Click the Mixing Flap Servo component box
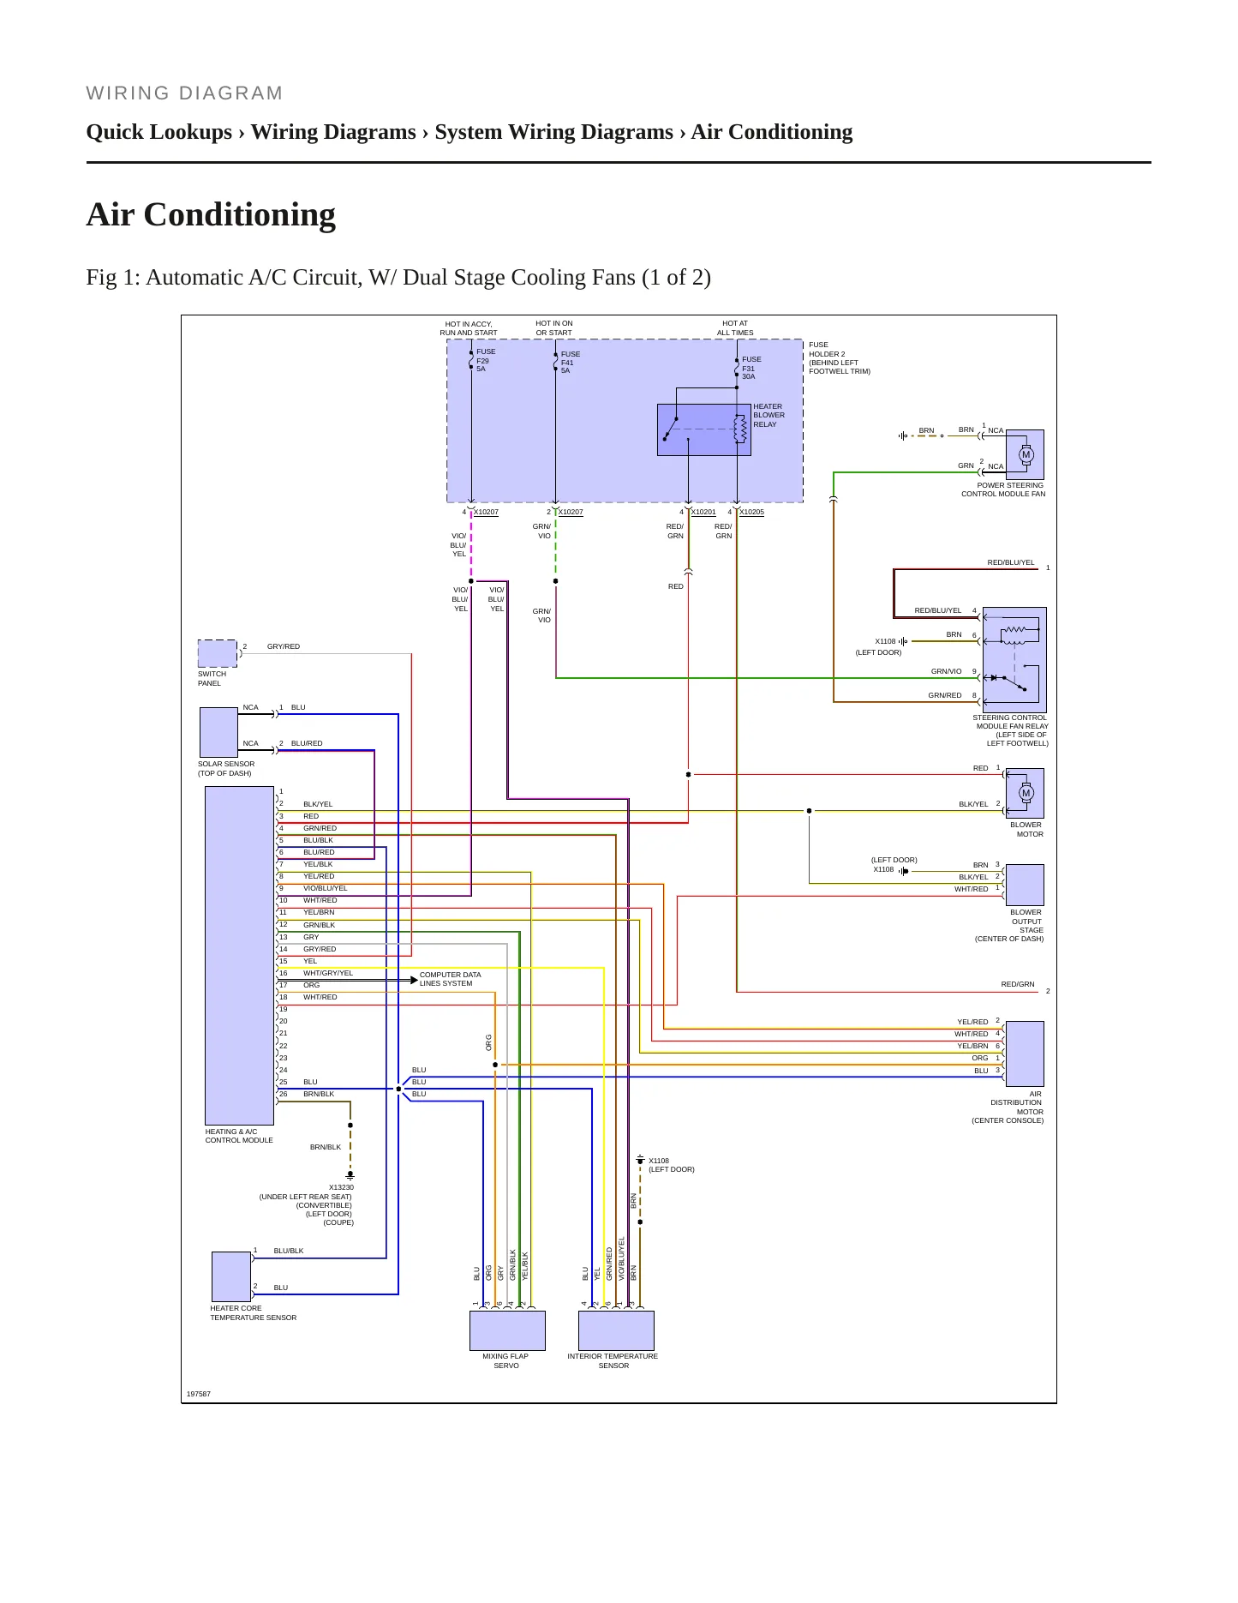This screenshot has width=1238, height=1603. pos(507,1330)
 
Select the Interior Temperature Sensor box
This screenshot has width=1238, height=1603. pos(616,1330)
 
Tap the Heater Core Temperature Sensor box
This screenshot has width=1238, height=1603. pos(231,1276)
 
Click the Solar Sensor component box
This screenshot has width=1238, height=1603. pos(218,732)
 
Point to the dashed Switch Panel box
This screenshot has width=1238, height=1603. pos(218,653)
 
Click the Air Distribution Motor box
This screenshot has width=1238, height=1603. pos(1025,1054)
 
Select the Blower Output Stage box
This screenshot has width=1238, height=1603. pos(1025,885)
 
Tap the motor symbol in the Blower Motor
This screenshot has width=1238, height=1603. pos(1026,793)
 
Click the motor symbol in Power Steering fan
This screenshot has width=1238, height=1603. pos(1026,455)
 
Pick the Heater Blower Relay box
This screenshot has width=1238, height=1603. pos(703,429)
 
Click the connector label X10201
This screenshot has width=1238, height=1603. pos(703,512)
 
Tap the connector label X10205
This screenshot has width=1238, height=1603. pos(751,512)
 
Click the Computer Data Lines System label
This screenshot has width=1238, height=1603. pos(450,979)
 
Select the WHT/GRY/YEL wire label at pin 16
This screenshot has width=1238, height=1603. pos(328,973)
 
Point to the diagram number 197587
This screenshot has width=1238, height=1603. pos(199,1394)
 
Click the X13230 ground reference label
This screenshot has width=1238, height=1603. pos(341,1187)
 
